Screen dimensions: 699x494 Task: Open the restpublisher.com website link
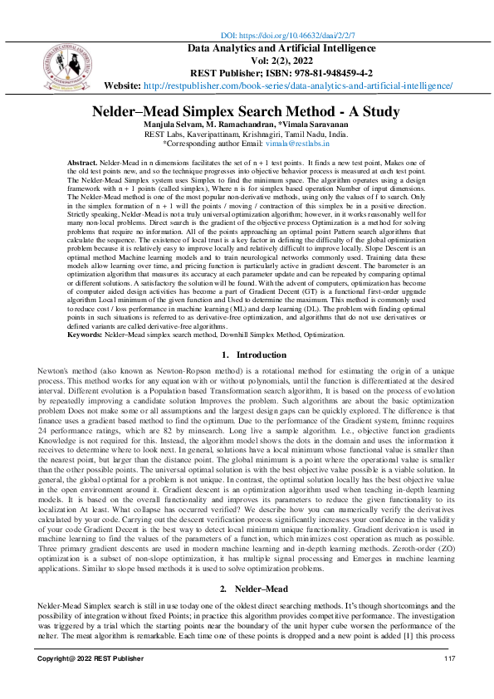[x=298, y=86]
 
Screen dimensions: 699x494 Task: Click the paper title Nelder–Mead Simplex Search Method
[x=247, y=110]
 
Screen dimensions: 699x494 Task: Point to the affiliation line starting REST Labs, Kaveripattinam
[x=247, y=134]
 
